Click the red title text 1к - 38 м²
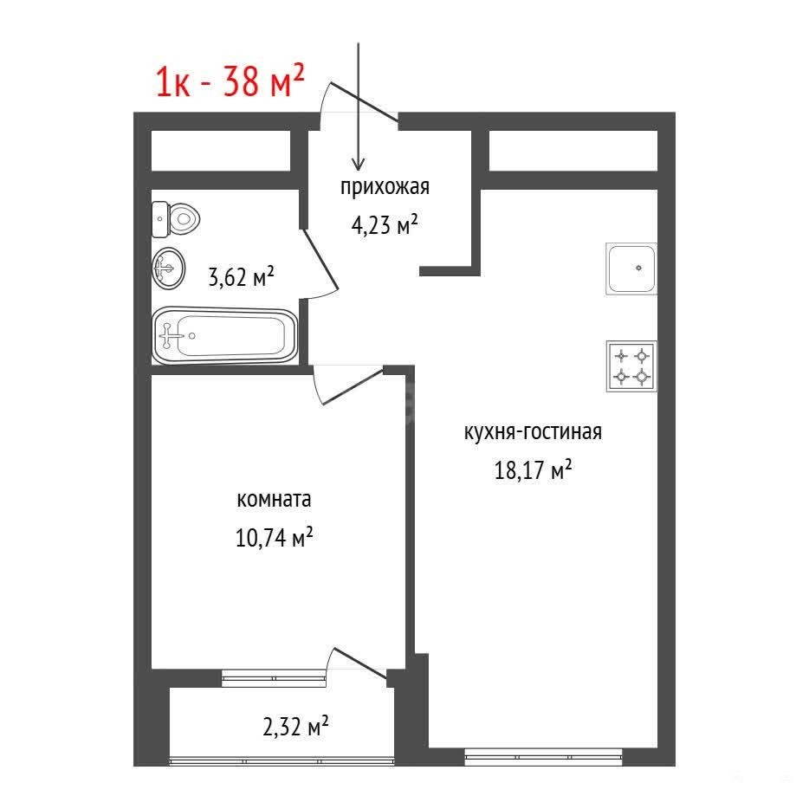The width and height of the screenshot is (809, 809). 230,81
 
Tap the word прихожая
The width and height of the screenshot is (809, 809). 385,187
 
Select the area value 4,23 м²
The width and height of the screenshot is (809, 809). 385,225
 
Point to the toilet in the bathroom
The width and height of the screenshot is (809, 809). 176,219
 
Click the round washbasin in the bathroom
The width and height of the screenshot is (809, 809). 168,268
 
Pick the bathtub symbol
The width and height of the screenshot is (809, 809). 225,335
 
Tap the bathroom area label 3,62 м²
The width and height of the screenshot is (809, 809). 241,276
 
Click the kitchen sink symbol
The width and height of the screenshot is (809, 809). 631,269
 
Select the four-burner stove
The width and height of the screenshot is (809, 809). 631,366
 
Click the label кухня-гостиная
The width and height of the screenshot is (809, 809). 533,432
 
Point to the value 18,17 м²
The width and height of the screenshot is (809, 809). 533,470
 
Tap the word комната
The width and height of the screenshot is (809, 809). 274,500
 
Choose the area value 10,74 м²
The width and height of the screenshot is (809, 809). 274,538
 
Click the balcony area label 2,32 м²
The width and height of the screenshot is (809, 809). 295,727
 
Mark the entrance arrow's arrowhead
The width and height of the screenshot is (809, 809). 358,164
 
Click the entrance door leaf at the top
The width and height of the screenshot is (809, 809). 365,102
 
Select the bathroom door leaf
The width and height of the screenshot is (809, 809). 320,258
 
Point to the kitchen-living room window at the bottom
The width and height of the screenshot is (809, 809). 543,757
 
